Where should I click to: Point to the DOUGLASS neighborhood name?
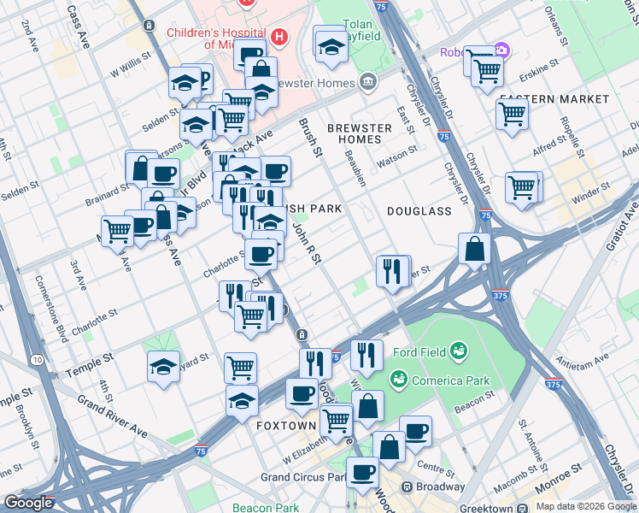[x=419, y=210]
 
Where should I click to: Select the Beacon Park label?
[x=265, y=508]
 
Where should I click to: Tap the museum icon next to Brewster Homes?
[x=368, y=82]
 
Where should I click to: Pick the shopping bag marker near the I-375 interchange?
[x=474, y=249]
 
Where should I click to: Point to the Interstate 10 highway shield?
[x=37, y=360]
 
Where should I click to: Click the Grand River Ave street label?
[x=111, y=416]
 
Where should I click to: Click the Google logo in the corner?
[x=28, y=503]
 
